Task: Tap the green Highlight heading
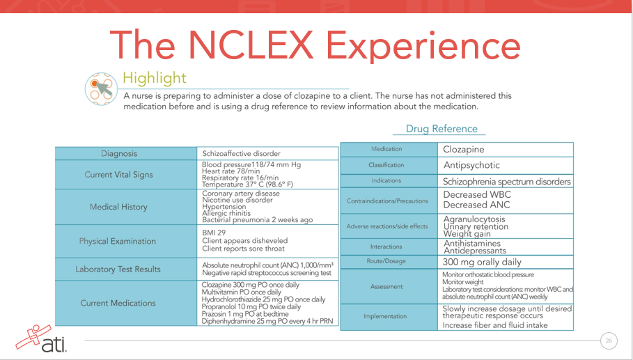tap(154, 78)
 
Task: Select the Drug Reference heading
tap(441, 129)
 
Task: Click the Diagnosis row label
tap(119, 154)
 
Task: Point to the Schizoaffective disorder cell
tap(241, 154)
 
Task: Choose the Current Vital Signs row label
tap(118, 175)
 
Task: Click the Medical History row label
tap(118, 207)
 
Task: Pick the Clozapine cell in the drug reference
tap(463, 150)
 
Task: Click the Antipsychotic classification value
tap(471, 166)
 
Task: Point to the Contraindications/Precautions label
tap(387, 201)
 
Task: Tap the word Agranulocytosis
tap(474, 219)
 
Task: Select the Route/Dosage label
tap(386, 261)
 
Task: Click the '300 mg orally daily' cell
tap(482, 263)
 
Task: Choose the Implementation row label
tap(387, 315)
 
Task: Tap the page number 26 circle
tap(609, 341)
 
